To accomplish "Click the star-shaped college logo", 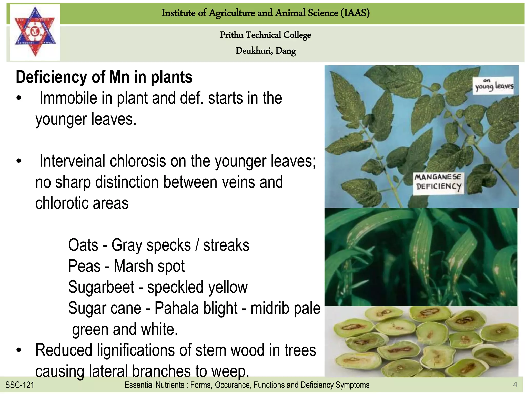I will coord(35,32).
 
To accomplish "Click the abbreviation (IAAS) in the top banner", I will coord(355,13).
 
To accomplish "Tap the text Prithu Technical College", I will coord(265,35).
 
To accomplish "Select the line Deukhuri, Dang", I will coord(265,51).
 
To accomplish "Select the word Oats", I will coord(83,245).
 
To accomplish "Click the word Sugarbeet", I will coord(101,287).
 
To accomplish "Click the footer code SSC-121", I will coord(19,385).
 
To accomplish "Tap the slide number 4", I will coord(515,385).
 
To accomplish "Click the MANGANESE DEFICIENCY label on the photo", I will coord(438,182).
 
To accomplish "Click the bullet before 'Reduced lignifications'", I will coord(18,350).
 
